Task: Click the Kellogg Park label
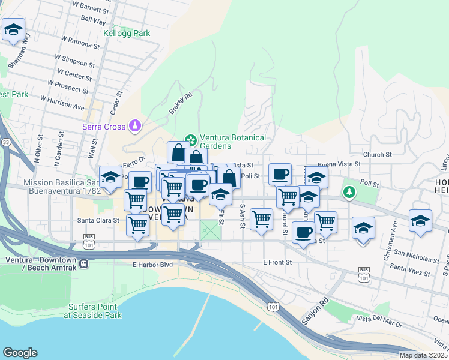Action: [x=127, y=34]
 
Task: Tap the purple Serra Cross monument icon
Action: [x=136, y=126]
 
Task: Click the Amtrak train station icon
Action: [x=85, y=263]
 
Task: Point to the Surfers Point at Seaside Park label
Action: [x=95, y=311]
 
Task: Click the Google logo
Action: [x=20, y=353]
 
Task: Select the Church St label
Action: [x=377, y=154]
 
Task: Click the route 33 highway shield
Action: [x=6, y=142]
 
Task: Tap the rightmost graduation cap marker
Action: [x=421, y=220]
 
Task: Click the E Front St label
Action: [x=277, y=262]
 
